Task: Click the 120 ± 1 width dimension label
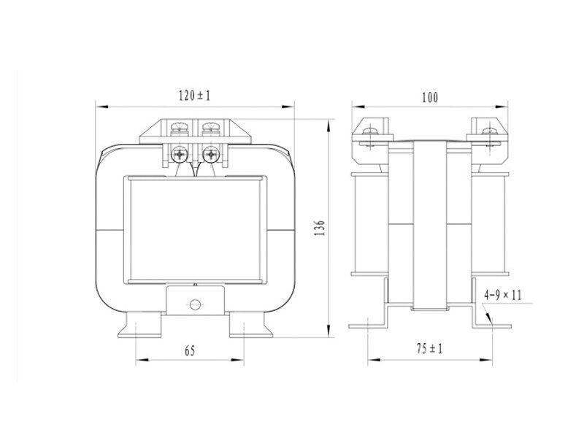pos(194,96)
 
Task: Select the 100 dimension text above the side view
pos(430,98)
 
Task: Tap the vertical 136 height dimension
pos(320,228)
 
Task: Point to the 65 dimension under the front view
pos(190,351)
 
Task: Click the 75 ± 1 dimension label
pos(429,349)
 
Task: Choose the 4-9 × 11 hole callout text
pos(503,296)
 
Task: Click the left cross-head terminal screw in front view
pos(180,154)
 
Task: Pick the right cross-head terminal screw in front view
pos(211,154)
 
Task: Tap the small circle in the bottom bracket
pos(195,304)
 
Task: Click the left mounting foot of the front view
pos(139,325)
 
